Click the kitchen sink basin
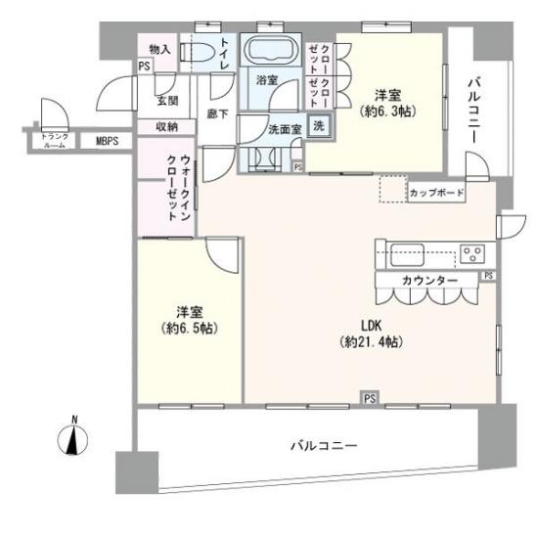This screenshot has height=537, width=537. (404, 252)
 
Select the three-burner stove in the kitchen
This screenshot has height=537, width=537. (472, 253)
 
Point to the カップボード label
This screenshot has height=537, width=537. (436, 192)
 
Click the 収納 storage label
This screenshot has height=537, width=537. (166, 126)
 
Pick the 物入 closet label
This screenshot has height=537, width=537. (158, 49)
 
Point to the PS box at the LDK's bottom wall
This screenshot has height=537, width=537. (369, 398)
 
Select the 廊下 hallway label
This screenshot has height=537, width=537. (216, 113)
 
